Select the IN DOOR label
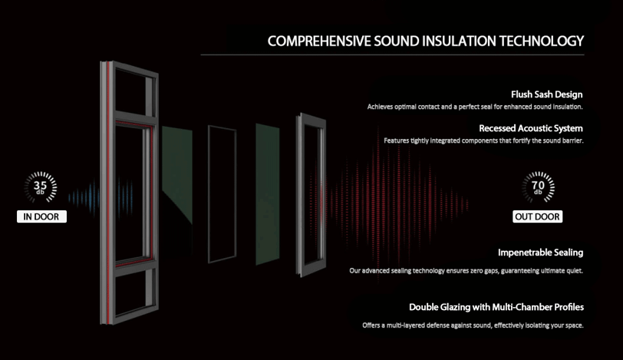coord(41,216)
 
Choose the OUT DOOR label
coord(537,216)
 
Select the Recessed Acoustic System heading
coord(531,128)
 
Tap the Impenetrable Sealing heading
coord(540,252)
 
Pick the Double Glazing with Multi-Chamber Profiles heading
coord(496,307)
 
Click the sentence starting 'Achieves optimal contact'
coord(475,107)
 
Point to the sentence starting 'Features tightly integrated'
coord(483,140)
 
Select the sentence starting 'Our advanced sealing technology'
coord(466,270)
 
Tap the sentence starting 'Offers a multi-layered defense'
coord(473,325)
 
